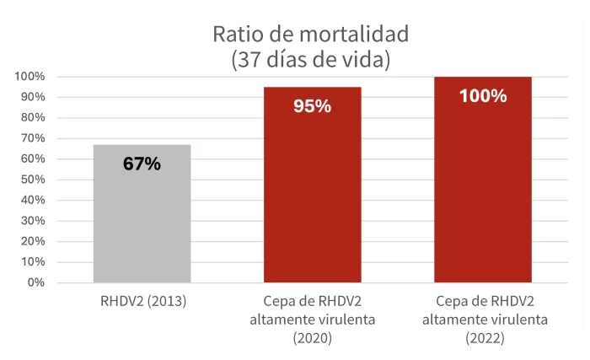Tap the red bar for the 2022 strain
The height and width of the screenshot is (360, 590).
click(x=482, y=194)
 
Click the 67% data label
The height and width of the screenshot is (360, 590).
click(x=142, y=164)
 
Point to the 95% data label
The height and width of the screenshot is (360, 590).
click(x=312, y=106)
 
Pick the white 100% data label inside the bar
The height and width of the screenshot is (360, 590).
click(x=483, y=96)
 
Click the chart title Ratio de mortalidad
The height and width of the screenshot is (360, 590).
click(x=310, y=35)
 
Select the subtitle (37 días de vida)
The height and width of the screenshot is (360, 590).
click(x=310, y=60)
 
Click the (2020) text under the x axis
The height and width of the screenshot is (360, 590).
click(x=312, y=339)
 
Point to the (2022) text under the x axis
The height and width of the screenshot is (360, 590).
click(x=483, y=339)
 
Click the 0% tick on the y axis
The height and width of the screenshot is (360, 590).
click(x=35, y=282)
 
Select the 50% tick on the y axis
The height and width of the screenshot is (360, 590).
click(x=33, y=180)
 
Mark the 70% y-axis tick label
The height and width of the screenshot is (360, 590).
click(x=33, y=138)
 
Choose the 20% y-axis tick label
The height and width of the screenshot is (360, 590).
click(x=33, y=241)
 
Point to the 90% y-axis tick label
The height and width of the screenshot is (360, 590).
click(x=33, y=97)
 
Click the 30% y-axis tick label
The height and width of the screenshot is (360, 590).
click(x=33, y=221)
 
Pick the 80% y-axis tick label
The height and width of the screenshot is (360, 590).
click(x=33, y=118)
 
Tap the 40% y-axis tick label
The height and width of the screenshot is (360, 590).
click(x=33, y=200)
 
